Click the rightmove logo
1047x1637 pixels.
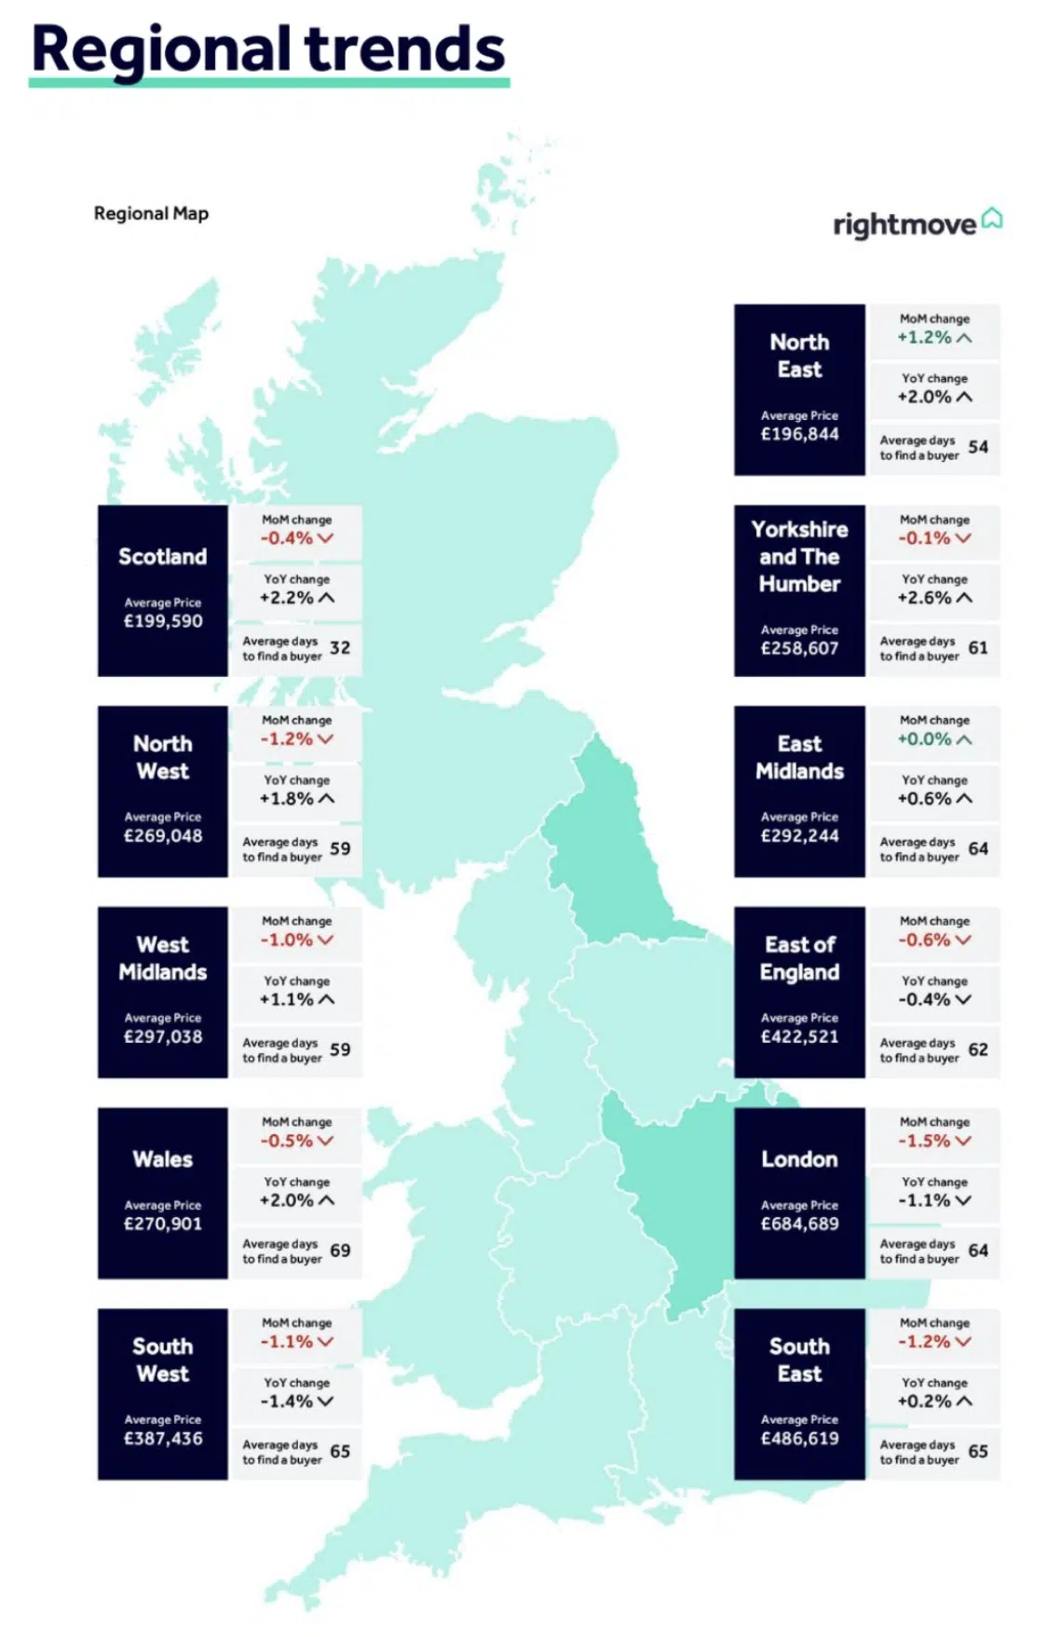coord(917,223)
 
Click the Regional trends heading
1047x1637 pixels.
coord(268,49)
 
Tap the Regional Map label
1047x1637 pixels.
coord(151,213)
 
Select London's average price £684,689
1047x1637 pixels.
coord(799,1224)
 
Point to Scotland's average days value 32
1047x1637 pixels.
coord(340,648)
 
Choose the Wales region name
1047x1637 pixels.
coord(162,1159)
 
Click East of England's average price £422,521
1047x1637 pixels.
coord(799,1036)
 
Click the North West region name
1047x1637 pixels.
coord(162,757)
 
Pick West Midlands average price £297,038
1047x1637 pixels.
coord(162,1036)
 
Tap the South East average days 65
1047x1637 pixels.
coord(978,1452)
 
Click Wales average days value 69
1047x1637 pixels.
coord(340,1251)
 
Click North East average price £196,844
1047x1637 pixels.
coord(799,434)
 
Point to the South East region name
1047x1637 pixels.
coord(799,1360)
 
